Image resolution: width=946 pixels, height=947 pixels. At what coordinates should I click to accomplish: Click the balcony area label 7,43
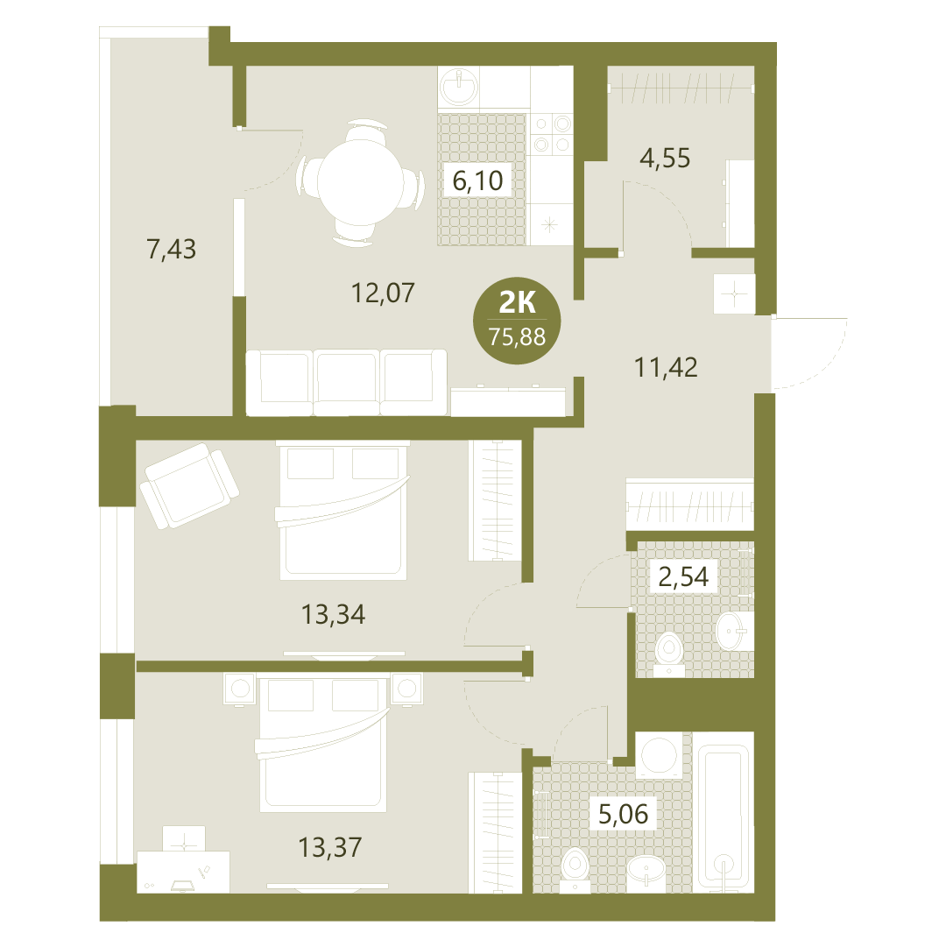pos(172,249)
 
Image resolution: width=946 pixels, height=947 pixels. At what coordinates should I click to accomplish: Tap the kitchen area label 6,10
pos(477,180)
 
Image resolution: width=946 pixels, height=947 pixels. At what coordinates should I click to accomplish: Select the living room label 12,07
pos(383,293)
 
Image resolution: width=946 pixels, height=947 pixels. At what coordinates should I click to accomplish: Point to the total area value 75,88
pos(517,336)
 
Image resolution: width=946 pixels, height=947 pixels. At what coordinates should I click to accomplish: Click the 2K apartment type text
pos(517,302)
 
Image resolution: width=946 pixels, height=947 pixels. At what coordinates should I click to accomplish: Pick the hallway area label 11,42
pos(666,367)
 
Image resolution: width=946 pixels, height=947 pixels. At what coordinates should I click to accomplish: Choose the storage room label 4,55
pos(665,159)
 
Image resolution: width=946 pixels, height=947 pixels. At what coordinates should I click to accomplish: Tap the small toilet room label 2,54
pos(683,576)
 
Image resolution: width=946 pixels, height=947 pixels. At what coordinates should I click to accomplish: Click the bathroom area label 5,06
pos(623,814)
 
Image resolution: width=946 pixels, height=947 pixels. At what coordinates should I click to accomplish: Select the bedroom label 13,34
pos(333,615)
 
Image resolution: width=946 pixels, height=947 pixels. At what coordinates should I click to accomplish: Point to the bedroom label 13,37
pos(330,847)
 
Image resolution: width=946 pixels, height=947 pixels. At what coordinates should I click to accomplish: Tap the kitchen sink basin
pos(459,88)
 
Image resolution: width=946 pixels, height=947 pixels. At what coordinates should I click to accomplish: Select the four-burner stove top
pos(552,134)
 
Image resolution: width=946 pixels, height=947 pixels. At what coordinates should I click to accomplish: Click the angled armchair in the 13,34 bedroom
pos(189,485)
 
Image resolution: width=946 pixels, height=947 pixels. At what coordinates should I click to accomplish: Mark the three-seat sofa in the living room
pos(347,383)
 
